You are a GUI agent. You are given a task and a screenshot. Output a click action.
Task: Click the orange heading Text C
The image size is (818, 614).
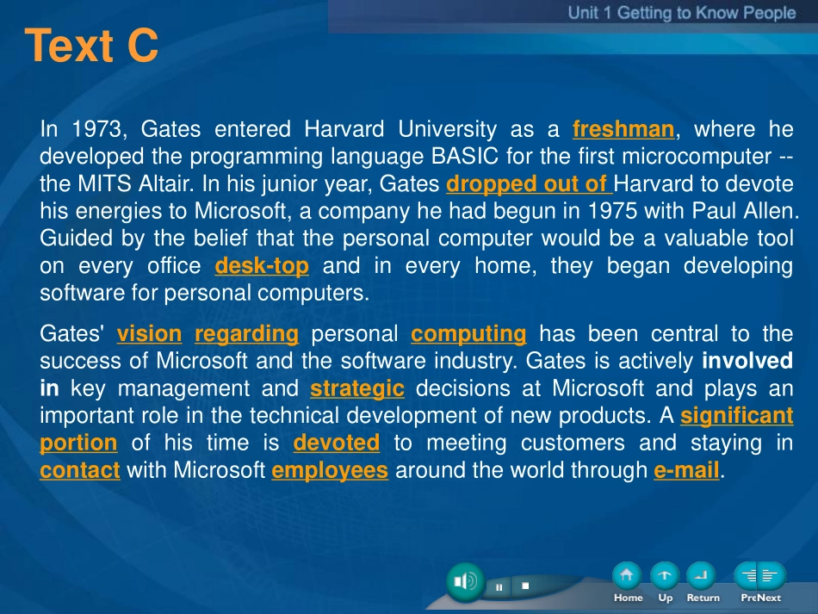[x=91, y=46]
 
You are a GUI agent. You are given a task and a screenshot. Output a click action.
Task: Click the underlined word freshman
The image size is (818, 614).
[x=623, y=129]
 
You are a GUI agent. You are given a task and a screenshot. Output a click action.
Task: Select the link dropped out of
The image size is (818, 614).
[x=529, y=184]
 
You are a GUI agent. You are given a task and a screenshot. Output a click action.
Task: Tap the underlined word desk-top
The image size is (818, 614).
[x=262, y=266]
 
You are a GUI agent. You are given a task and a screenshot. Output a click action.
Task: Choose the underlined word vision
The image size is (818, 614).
[x=149, y=334]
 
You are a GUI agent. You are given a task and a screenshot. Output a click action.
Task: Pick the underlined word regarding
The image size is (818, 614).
[x=247, y=334]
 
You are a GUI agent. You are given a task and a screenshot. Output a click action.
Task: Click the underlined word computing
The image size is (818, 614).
[x=468, y=334]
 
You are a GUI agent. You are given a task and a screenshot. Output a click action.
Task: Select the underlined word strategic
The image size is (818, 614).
[x=357, y=389]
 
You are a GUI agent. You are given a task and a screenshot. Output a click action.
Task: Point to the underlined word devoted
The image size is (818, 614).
[x=337, y=443]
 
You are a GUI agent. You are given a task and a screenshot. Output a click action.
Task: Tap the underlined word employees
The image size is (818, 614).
[x=330, y=470]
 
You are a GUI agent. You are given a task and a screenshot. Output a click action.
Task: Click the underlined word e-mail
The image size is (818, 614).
[x=686, y=470]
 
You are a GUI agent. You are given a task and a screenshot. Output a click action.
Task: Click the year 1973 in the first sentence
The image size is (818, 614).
[x=96, y=129]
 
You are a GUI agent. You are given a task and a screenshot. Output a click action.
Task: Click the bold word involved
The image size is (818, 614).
[x=747, y=361]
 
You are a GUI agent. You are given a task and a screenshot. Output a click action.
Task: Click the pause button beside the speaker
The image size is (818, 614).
[x=499, y=586]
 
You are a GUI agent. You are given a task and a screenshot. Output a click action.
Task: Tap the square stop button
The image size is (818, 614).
[x=525, y=586]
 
